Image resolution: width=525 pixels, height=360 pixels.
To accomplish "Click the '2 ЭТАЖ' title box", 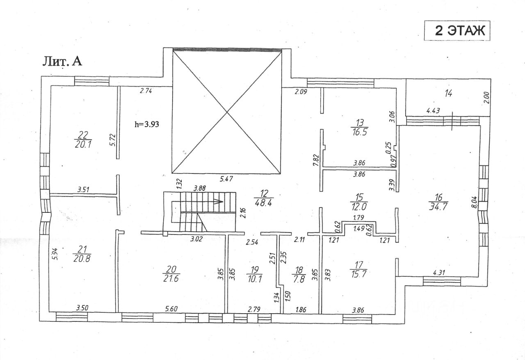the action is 457,31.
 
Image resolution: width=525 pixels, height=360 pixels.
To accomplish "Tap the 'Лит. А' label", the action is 62,61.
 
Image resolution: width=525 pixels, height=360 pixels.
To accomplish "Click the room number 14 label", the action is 448,93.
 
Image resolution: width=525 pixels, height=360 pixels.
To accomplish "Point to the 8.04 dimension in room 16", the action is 474,202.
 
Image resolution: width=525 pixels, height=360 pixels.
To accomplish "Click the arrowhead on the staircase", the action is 221,201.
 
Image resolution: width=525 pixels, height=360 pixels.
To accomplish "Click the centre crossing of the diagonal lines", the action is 227,112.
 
